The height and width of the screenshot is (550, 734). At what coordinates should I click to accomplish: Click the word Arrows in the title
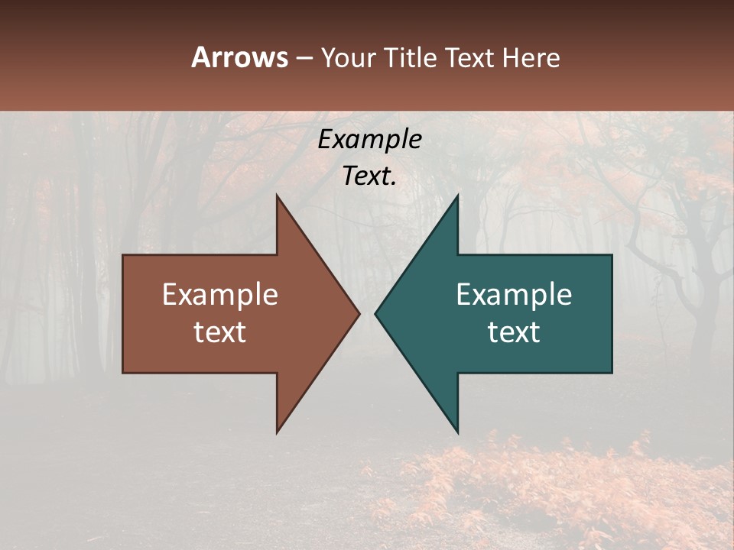pos(239,57)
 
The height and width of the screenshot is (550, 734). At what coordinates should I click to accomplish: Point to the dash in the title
pos(304,58)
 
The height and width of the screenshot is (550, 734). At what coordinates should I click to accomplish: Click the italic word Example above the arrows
pos(369,139)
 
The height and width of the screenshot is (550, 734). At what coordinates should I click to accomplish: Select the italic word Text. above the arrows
pos(369,176)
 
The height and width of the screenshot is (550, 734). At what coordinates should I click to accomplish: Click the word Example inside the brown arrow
pos(220,294)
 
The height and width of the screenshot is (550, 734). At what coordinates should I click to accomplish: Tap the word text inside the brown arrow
pos(220,332)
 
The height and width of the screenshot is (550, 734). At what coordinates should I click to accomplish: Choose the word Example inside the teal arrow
pos(514,294)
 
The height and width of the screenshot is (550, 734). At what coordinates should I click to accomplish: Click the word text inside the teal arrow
pos(514,332)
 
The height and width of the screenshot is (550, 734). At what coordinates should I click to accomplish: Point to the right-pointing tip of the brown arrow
pos(359,313)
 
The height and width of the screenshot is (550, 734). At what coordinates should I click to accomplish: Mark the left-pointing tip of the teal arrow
pos(375,313)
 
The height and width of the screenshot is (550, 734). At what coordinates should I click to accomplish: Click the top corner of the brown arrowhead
pos(277,195)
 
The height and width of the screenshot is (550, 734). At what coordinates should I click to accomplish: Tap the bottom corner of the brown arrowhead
pos(277,433)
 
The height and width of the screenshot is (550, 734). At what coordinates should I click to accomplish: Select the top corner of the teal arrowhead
pos(457,195)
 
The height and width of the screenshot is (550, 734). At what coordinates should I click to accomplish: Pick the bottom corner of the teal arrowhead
pos(457,433)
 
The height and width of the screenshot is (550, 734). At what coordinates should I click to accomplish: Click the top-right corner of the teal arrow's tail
pos(612,254)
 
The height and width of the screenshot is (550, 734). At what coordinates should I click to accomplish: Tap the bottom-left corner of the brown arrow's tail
pos(123,373)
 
